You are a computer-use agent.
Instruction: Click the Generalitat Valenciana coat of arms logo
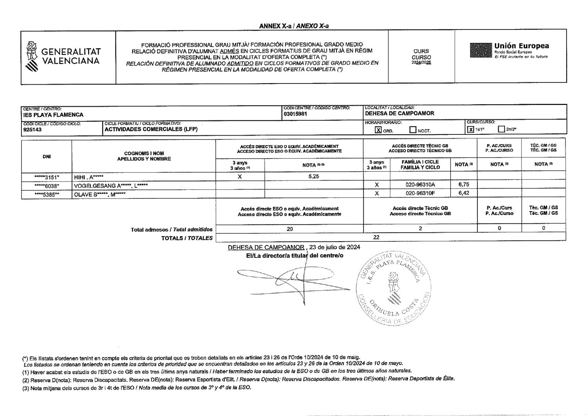32,56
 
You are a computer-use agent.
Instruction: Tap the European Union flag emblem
480,50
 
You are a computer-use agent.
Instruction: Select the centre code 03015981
295,114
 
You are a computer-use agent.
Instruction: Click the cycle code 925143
33,129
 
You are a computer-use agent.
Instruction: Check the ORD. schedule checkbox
378,130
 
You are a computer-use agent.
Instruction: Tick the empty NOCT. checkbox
413,130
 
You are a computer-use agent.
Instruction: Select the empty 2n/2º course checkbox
501,129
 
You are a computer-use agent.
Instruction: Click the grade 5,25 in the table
314,177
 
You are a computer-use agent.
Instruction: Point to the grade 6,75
464,185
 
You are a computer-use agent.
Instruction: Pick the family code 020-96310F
420,193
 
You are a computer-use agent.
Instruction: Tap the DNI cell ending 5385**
47,194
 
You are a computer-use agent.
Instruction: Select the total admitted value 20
290,229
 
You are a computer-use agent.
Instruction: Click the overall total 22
376,237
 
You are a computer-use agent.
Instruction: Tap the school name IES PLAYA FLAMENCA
53,115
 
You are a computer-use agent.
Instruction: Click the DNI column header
47,156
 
